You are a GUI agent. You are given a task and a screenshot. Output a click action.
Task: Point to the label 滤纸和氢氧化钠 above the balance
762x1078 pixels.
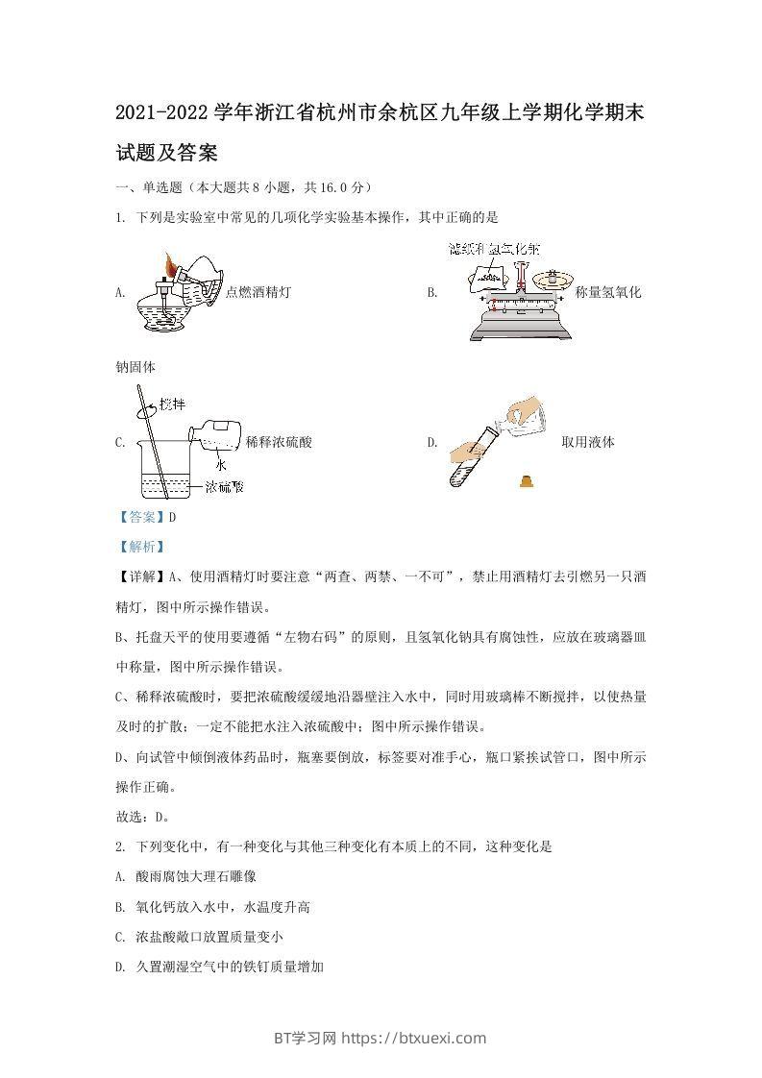click(x=500, y=250)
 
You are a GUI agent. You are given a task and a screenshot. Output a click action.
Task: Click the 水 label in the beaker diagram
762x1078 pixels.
click(x=220, y=464)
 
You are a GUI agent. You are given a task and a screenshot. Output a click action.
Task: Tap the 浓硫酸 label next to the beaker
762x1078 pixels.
click(x=224, y=487)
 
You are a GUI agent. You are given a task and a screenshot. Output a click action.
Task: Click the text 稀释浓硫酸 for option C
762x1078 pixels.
click(x=279, y=442)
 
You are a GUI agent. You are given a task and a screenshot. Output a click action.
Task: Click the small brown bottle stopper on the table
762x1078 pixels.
click(x=526, y=481)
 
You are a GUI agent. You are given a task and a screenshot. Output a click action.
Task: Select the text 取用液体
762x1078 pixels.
click(x=587, y=442)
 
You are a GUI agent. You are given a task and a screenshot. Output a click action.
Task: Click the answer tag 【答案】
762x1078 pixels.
click(x=141, y=517)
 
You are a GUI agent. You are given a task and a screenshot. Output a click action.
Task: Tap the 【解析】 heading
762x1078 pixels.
click(x=141, y=547)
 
